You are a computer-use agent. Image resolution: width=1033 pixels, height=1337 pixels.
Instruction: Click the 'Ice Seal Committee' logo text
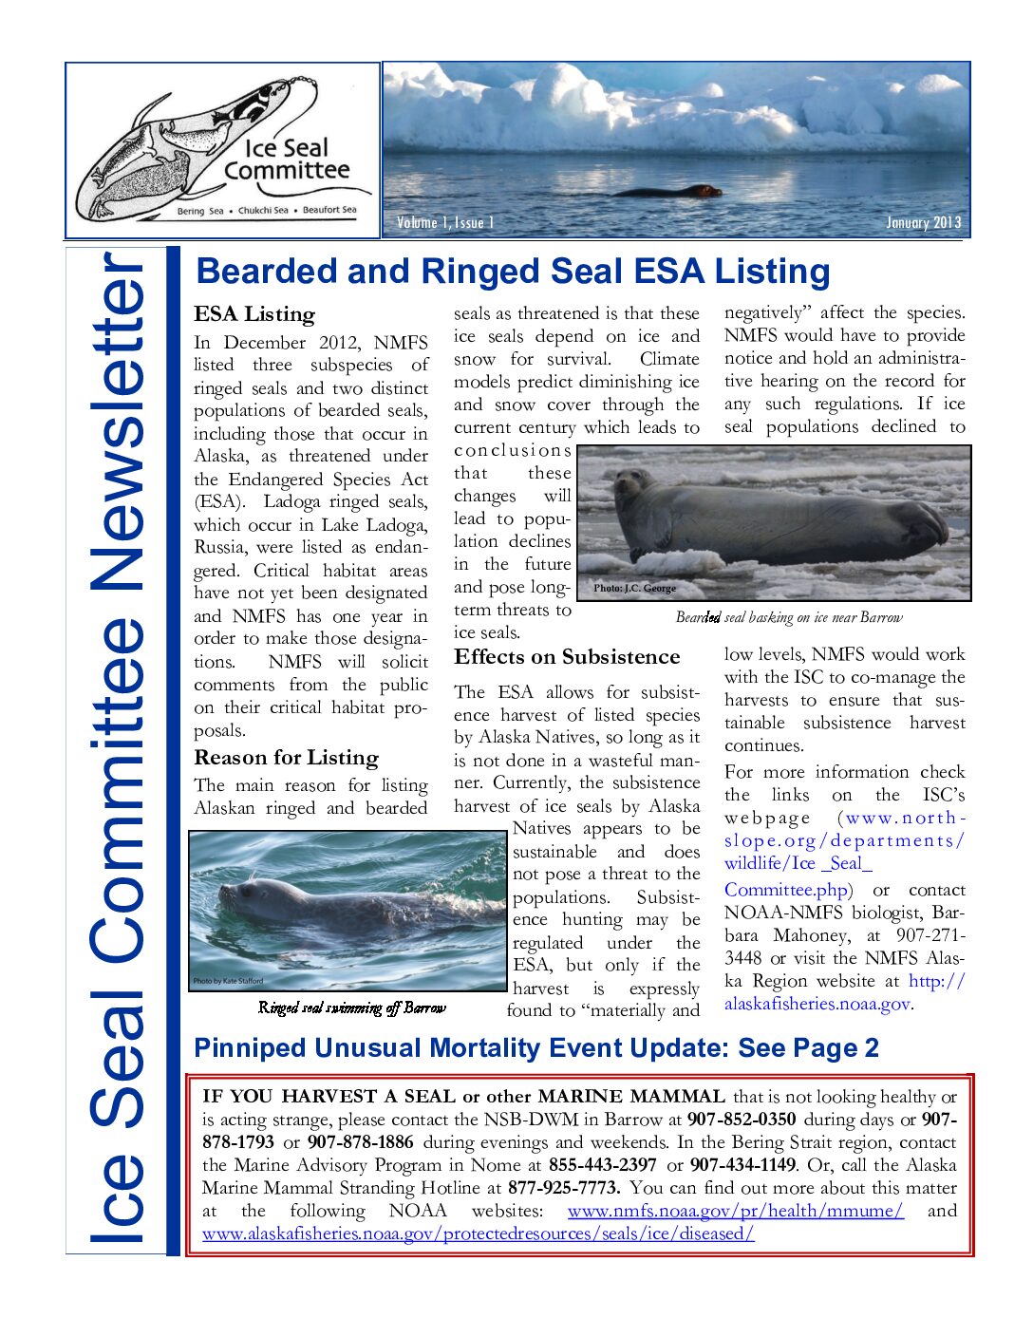[287, 160]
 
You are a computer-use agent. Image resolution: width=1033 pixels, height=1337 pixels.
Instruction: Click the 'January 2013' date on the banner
[923, 223]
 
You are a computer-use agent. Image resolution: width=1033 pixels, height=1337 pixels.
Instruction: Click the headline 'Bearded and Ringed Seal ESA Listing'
[513, 272]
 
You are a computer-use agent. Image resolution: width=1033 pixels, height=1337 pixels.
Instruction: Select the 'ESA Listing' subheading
[254, 314]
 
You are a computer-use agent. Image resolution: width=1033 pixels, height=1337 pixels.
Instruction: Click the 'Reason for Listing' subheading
[286, 758]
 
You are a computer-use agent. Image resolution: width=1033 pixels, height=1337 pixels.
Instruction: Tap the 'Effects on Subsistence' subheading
[567, 657]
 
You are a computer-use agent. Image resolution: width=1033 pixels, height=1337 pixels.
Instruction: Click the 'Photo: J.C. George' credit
[634, 589]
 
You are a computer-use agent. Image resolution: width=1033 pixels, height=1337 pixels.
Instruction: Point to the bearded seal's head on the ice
[634, 487]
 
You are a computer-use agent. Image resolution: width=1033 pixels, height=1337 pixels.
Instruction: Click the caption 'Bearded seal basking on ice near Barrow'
[789, 618]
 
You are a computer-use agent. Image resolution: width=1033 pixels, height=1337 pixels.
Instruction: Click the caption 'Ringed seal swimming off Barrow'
[351, 1008]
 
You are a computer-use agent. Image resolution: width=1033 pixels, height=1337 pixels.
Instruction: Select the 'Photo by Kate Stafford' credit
[228, 981]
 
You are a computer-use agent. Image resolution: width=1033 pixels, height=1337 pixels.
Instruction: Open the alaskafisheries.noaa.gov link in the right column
[817, 1005]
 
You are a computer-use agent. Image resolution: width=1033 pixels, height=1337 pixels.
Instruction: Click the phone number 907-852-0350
[742, 1120]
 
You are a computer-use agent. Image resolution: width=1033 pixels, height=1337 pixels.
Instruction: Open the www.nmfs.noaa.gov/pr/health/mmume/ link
[735, 1211]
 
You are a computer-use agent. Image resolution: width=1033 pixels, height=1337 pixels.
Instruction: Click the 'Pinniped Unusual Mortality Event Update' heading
[536, 1048]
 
